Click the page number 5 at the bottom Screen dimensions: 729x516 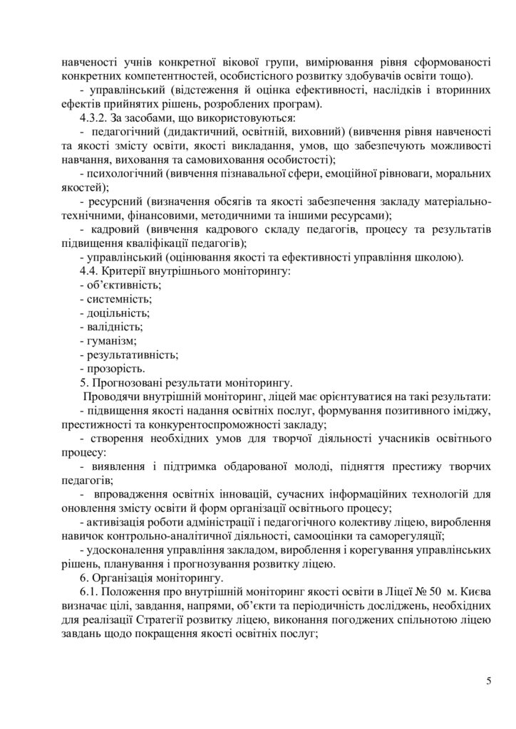tap(488, 681)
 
